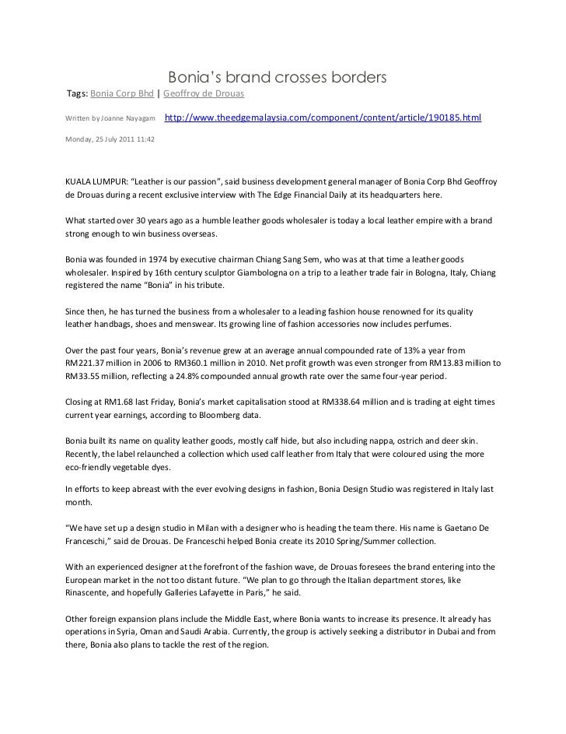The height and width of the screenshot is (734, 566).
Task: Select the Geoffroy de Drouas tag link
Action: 204,94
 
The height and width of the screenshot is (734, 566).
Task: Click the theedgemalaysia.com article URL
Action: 323,118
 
